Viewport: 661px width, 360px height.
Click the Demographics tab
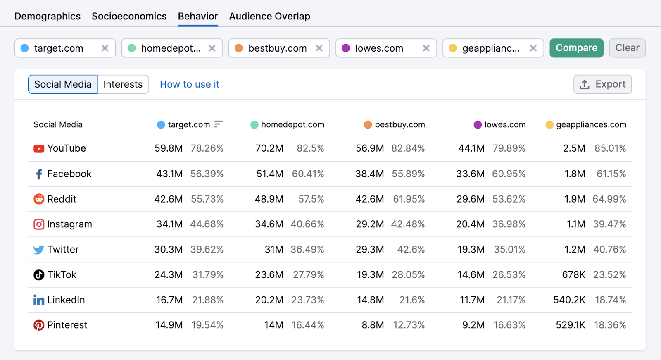point(48,17)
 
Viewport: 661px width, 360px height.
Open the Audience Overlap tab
point(269,17)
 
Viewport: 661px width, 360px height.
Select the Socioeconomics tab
point(129,17)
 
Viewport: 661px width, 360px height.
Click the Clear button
point(627,48)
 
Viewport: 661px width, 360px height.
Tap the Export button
point(602,84)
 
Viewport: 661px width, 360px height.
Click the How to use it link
point(189,84)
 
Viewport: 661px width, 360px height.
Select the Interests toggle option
point(123,84)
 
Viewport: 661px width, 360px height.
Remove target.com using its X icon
point(105,48)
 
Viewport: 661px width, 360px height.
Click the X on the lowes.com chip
point(426,48)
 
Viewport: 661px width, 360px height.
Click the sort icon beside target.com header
point(218,124)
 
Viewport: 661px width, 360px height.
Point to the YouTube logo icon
point(39,148)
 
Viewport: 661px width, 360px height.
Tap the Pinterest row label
point(67,325)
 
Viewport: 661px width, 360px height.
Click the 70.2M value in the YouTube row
point(269,148)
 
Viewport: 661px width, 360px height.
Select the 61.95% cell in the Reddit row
point(409,199)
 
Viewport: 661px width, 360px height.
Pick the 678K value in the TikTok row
point(573,275)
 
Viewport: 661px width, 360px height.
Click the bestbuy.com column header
point(399,125)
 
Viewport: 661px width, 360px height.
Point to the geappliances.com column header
point(591,125)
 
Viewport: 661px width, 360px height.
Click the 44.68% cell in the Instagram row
point(207,224)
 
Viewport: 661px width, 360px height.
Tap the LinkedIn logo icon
point(39,300)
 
